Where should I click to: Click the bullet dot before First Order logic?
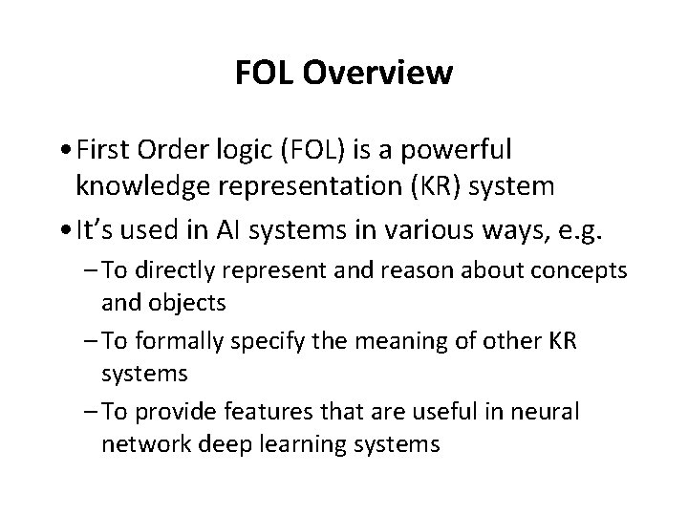click(62, 151)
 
